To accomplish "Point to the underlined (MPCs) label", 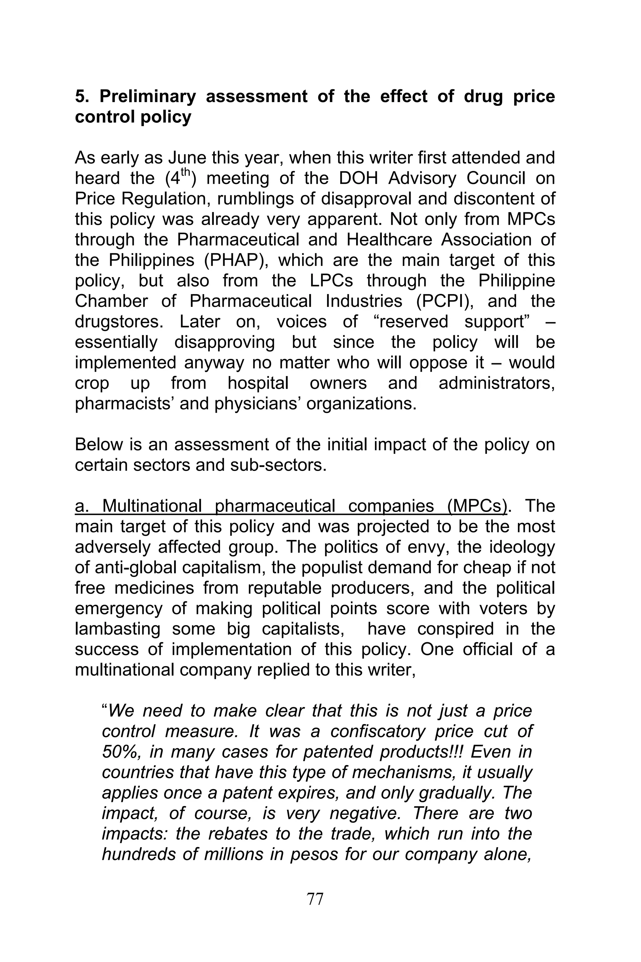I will click(477, 506).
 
